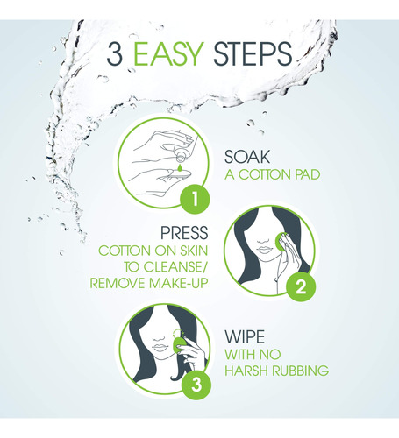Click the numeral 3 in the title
[114, 53]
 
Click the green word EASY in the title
[168, 53]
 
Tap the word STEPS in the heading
[253, 53]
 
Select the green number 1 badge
[195, 199]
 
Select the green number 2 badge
[301, 287]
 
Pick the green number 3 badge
[196, 385]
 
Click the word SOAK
[247, 157]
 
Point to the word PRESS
[184, 233]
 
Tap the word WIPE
[245, 336]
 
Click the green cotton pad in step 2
[281, 242]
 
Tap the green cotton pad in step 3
[179, 344]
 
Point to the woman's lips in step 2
[264, 251]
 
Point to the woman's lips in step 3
[160, 348]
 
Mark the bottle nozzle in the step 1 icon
[180, 159]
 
